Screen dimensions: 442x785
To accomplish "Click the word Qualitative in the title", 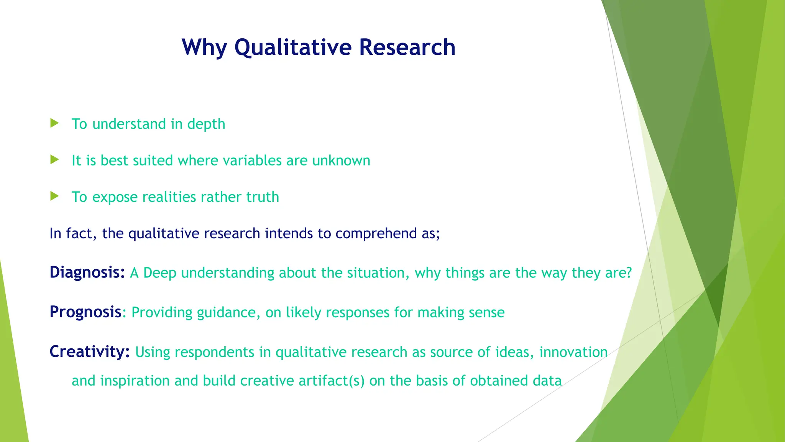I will (x=293, y=48).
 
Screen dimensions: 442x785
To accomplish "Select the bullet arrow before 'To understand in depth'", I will (x=54, y=123).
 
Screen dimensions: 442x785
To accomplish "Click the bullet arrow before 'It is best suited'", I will (x=54, y=160).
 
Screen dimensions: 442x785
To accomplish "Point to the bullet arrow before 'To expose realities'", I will (x=54, y=196).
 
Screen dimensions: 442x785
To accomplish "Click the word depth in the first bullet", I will (x=206, y=124).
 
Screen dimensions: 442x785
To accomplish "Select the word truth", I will (x=263, y=197).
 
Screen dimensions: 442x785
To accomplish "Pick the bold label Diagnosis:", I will (x=87, y=272).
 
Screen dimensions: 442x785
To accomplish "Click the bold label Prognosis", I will (x=85, y=312).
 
